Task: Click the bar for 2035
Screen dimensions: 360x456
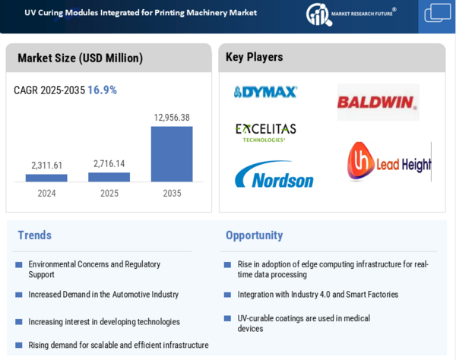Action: coord(172,153)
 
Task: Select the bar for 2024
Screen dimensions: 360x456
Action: coord(46,178)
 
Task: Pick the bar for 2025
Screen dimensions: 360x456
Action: coord(109,177)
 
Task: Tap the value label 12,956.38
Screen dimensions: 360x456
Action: coord(172,118)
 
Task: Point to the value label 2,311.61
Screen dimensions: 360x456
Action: coord(47,165)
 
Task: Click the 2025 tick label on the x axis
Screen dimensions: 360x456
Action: coord(109,193)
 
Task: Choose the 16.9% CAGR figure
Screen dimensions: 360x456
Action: coord(102,90)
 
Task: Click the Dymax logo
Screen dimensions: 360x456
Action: coord(265,92)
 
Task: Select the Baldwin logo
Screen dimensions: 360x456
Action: coord(378,102)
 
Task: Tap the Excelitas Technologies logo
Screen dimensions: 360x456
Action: coord(265,132)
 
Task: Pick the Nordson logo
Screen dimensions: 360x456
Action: coord(274,175)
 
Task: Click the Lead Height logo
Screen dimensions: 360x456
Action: coord(388,162)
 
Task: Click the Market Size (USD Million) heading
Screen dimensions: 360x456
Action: coord(80,58)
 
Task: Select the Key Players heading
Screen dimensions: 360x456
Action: coord(254,57)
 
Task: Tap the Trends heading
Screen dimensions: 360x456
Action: coord(35,235)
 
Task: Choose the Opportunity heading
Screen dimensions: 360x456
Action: coord(254,235)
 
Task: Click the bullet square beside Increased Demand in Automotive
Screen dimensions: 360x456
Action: coord(18,295)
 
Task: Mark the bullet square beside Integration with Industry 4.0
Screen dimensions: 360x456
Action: coord(227,295)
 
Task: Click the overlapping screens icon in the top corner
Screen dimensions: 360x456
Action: coord(438,14)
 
